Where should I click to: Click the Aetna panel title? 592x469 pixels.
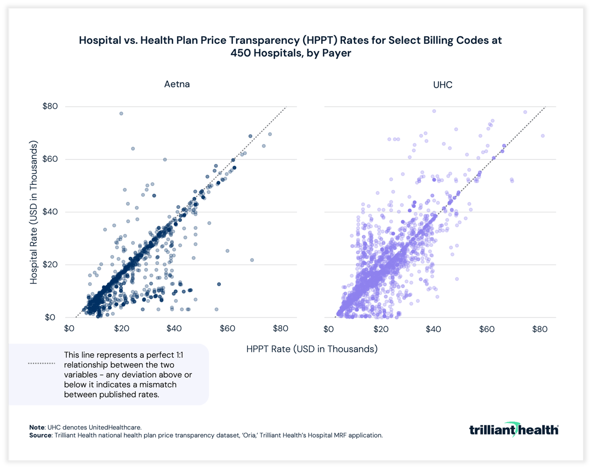[177, 84]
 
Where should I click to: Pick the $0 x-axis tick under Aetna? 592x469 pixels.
[69, 329]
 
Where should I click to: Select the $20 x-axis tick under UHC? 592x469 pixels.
[381, 329]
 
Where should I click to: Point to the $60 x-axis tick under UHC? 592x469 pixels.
[487, 329]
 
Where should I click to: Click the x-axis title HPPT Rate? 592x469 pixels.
[312, 349]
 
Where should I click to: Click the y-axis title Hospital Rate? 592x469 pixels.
[34, 212]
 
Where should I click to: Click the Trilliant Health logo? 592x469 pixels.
[514, 429]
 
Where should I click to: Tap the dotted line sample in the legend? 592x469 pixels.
[42, 363]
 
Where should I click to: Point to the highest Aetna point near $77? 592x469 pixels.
[121, 114]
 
